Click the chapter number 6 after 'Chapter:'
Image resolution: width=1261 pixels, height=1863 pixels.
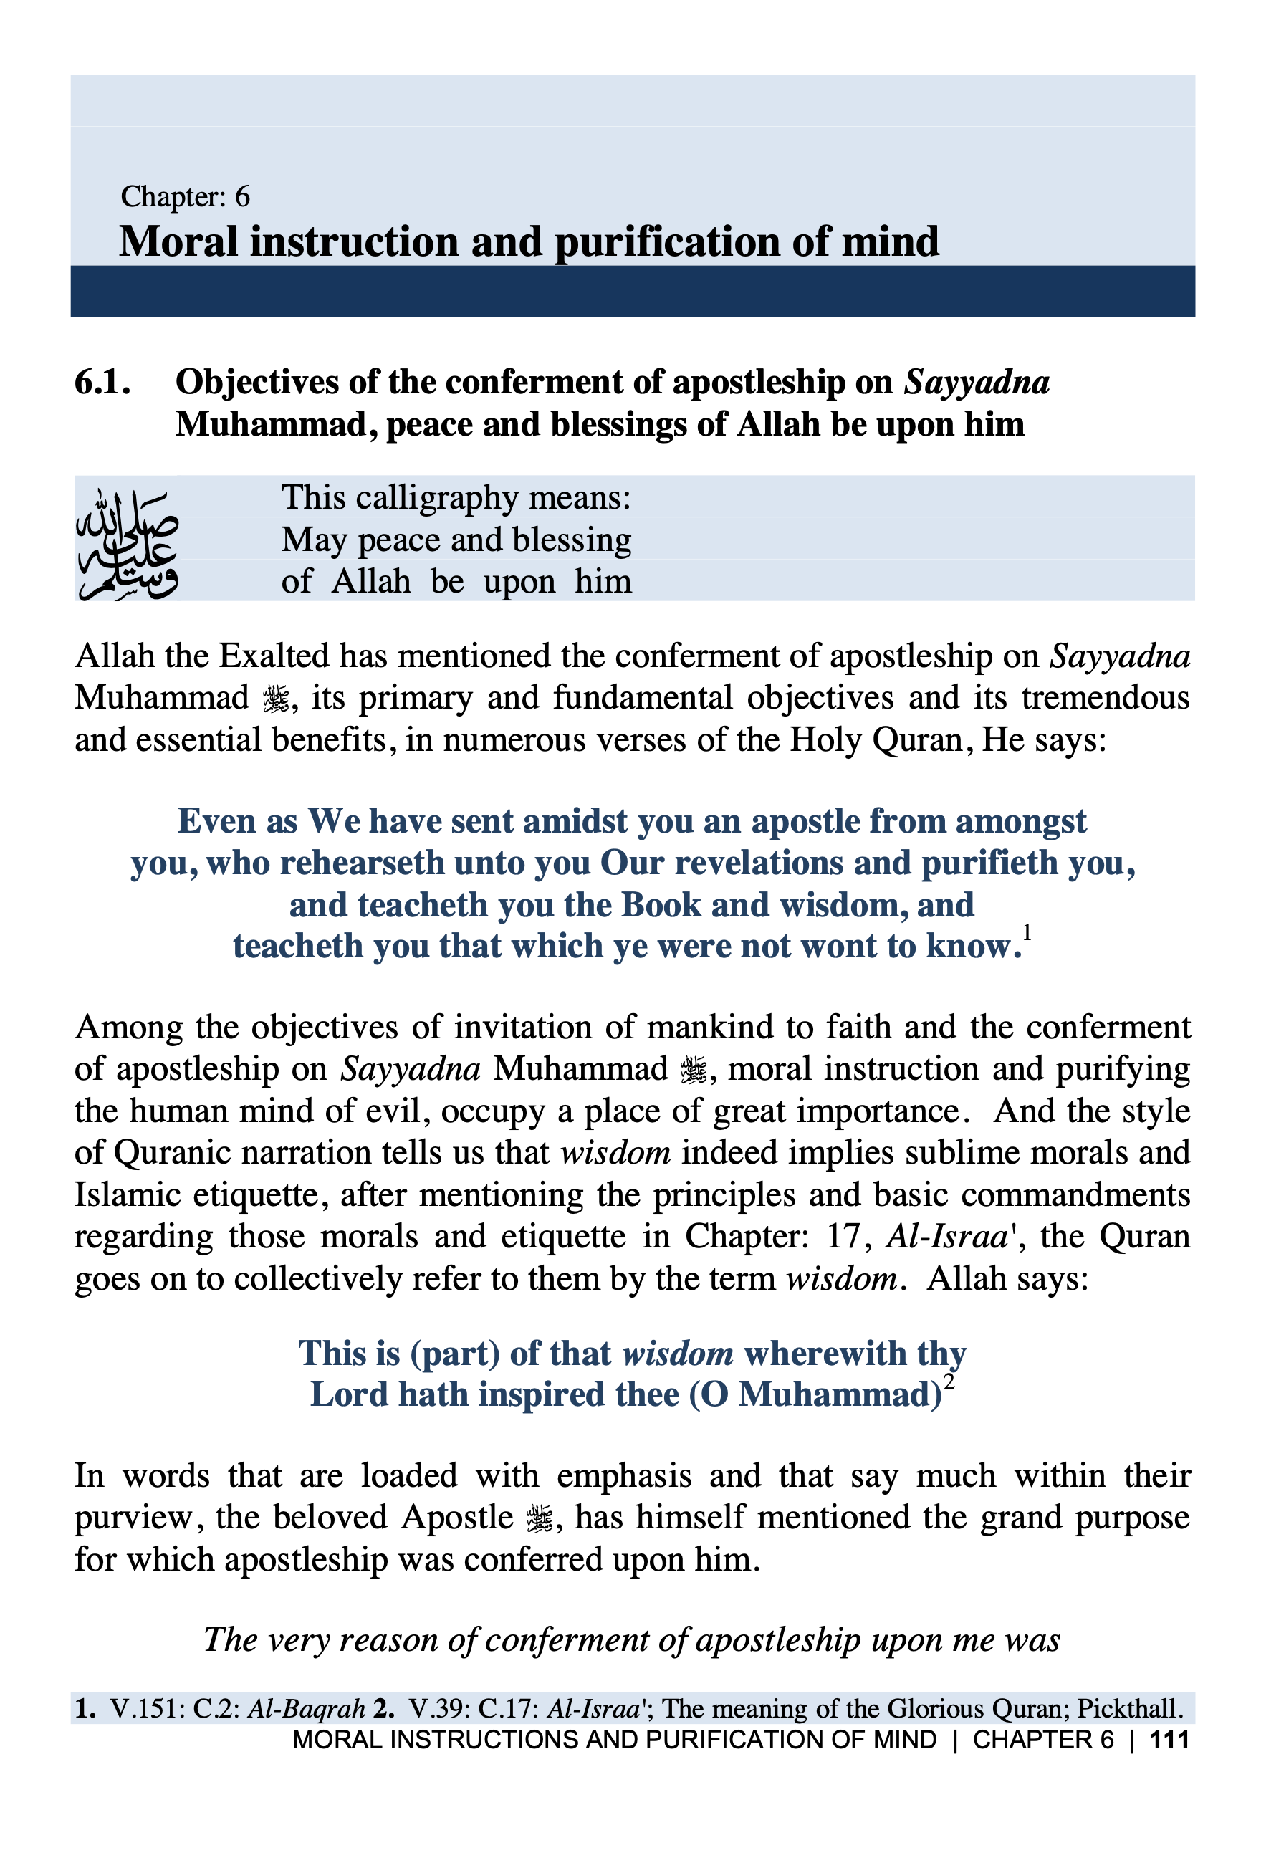(x=241, y=196)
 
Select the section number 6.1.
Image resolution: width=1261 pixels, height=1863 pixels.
(x=102, y=383)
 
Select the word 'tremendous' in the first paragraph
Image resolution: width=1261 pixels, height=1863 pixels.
(x=1105, y=698)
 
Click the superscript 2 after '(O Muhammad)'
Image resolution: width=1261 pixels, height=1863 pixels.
(x=949, y=1382)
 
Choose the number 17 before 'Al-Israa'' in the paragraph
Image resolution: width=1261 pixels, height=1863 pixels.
(x=843, y=1237)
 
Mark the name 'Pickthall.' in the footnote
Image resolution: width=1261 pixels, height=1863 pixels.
(x=1131, y=1709)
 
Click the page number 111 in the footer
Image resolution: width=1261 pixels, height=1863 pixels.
(x=1169, y=1740)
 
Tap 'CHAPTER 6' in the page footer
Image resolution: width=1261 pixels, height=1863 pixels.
(x=1042, y=1740)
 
